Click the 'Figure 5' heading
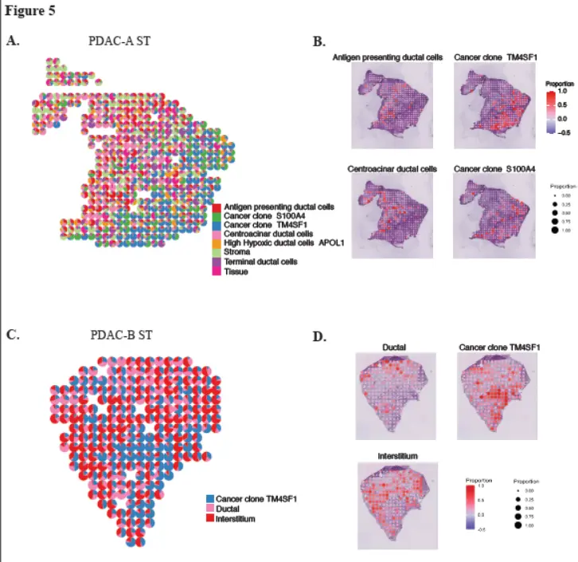point(31,11)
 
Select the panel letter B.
point(318,41)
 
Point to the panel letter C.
point(13,334)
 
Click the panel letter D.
point(318,337)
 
